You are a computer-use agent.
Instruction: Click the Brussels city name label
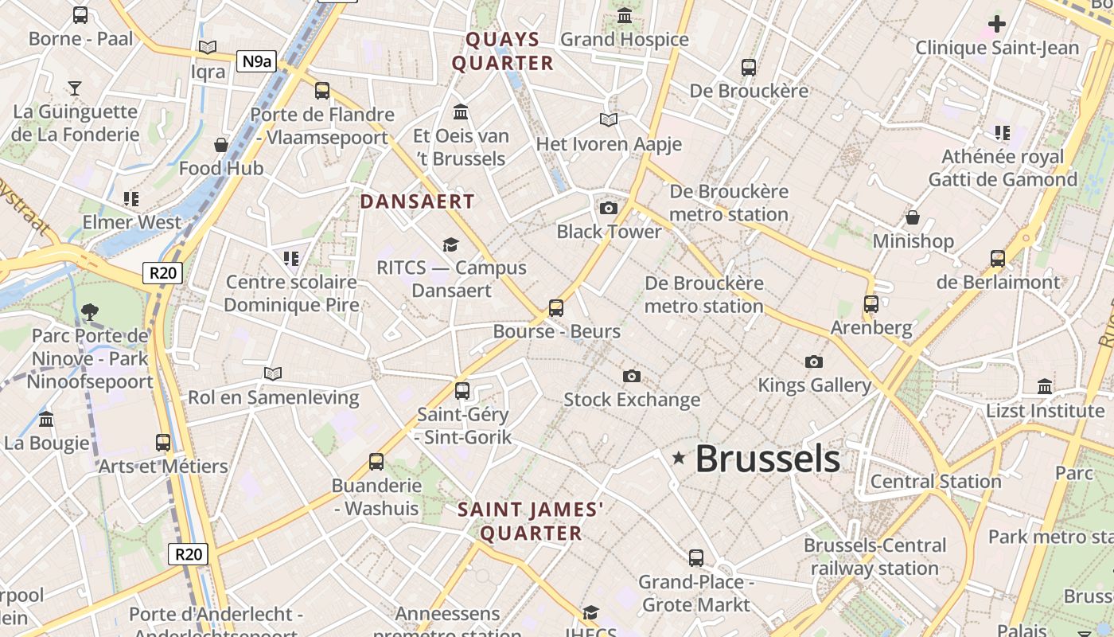[767, 459]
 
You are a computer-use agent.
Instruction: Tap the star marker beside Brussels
[679, 458]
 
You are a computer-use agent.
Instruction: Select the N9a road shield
[256, 61]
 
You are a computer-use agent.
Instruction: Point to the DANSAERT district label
[417, 201]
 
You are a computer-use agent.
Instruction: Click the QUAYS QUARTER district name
[502, 52]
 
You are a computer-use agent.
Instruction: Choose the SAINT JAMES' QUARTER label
[531, 522]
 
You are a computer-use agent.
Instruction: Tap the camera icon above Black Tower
[609, 209]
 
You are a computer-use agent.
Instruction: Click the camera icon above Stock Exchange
[632, 376]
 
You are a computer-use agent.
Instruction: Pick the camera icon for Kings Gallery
[813, 362]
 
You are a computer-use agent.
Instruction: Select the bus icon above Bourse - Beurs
[556, 307]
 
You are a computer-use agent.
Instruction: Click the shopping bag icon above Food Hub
[221, 145]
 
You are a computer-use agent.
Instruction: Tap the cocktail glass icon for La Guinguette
[75, 88]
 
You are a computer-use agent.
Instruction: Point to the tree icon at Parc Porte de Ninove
[90, 312]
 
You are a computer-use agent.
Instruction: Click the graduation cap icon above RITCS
[451, 244]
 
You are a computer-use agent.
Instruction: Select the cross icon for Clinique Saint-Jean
[996, 24]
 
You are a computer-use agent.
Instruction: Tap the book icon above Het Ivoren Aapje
[609, 120]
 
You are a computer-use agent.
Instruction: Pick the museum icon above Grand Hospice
[625, 16]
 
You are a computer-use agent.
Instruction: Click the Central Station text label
[936, 482]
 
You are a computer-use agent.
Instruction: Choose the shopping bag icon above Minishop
[913, 217]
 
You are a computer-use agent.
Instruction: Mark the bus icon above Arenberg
[871, 304]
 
